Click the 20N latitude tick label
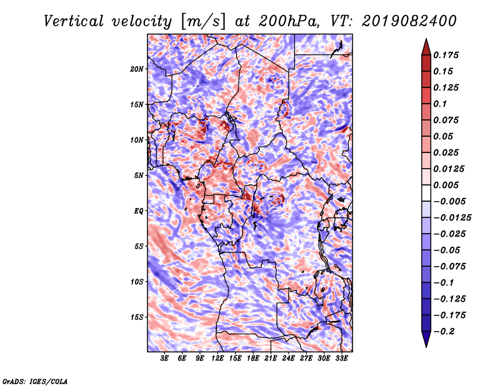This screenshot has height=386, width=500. point(137,69)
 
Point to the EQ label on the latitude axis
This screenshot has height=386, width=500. point(138,211)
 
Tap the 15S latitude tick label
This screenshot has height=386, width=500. point(137,317)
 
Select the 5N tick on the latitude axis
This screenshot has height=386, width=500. point(138,176)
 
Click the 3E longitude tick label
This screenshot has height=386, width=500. point(164,359)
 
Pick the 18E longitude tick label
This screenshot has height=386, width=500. point(253,359)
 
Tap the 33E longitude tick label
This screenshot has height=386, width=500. point(342,359)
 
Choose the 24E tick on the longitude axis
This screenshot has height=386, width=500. point(289,359)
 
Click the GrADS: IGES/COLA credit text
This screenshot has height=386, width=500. point(34,380)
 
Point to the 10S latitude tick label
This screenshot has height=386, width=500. point(137,282)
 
